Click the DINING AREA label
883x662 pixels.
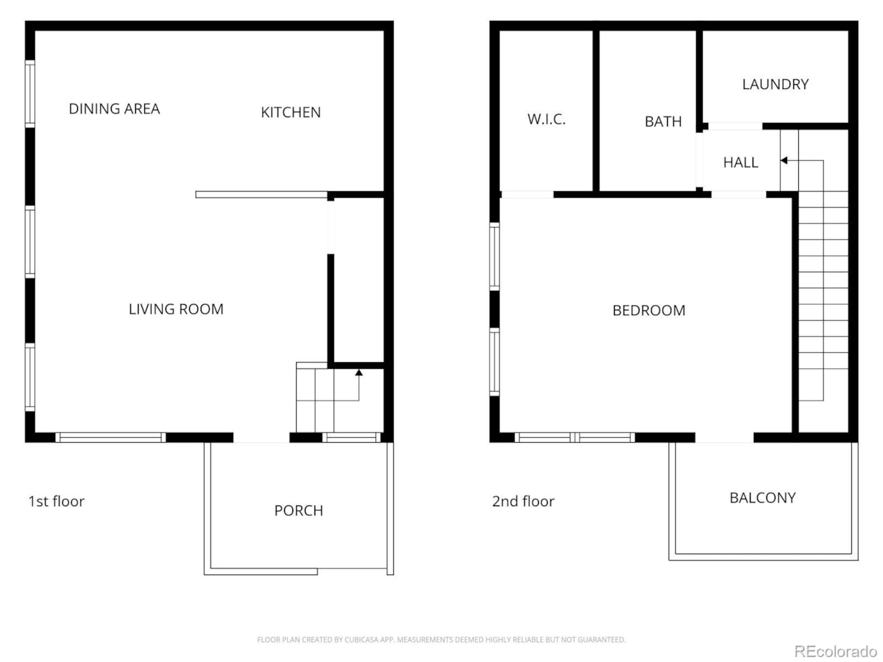click(x=115, y=108)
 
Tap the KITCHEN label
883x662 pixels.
click(x=290, y=112)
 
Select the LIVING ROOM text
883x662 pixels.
click(x=176, y=309)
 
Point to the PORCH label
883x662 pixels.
click(x=299, y=510)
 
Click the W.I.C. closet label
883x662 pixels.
click(x=546, y=119)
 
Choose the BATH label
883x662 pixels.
click(x=663, y=121)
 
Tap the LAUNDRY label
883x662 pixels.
click(x=775, y=84)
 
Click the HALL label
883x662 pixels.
click(x=741, y=162)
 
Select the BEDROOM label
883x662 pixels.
click(x=648, y=310)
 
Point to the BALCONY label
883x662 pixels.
click(x=762, y=498)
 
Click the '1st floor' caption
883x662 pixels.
click(x=57, y=501)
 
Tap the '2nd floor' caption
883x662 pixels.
click(x=523, y=501)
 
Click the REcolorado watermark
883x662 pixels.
click(x=835, y=651)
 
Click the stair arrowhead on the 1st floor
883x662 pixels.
click(x=359, y=372)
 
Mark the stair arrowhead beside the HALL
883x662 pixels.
click(x=784, y=161)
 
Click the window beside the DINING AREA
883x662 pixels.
click(x=30, y=94)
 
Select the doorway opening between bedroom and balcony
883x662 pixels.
click(x=724, y=437)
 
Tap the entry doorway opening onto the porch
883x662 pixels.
click(x=261, y=437)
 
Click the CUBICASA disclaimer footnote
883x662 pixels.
click(x=441, y=639)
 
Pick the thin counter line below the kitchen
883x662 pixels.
click(x=261, y=194)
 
